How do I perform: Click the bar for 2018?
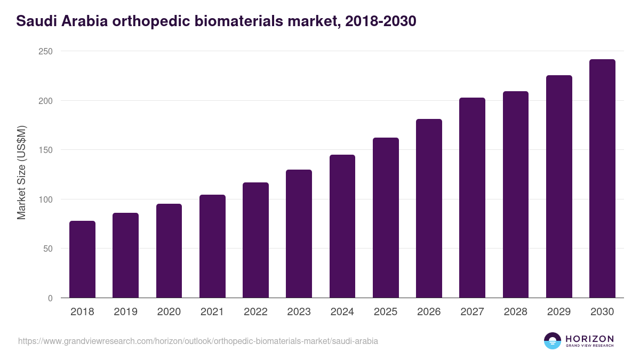pos(82,259)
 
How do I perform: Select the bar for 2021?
pos(212,246)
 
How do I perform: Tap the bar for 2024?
pos(342,226)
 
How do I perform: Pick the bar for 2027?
pos(472,198)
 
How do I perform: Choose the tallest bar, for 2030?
pos(602,179)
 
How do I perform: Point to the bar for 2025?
pos(386,218)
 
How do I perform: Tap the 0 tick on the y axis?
pos(50,298)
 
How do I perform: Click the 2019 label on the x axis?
pos(125,312)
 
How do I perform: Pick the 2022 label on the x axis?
pos(255,312)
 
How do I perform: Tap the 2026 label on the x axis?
pos(429,312)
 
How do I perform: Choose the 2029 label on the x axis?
pos(559,312)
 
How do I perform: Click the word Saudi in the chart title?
pos(33,21)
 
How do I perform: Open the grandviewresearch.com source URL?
pos(198,341)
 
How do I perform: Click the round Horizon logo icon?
pos(553,341)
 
